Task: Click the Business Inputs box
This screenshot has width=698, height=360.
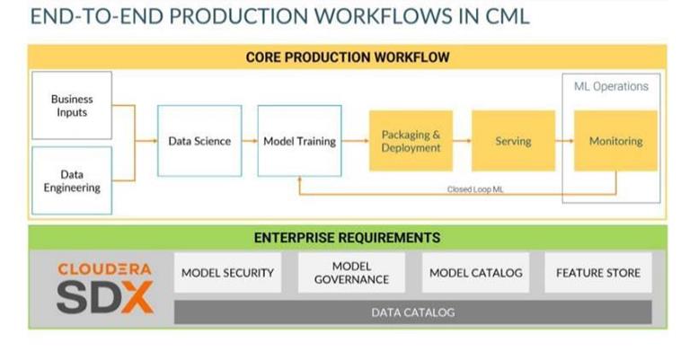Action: click(72, 105)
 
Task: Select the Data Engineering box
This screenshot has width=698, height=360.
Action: click(72, 180)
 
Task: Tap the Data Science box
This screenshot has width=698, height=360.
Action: click(199, 141)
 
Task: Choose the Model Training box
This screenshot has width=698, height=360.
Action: click(299, 141)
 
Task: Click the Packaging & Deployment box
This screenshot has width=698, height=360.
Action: click(411, 141)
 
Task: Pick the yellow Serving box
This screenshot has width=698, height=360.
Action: click(513, 141)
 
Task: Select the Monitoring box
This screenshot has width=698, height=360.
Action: click(615, 141)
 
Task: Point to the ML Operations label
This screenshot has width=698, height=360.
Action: click(611, 86)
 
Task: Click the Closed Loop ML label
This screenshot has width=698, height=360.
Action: click(475, 189)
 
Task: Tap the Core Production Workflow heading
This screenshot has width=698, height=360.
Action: click(348, 57)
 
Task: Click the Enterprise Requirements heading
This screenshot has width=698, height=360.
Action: click(347, 238)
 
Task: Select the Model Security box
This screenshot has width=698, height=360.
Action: click(227, 273)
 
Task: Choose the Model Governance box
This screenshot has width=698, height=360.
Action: click(351, 273)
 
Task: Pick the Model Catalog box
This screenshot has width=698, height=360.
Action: click(475, 273)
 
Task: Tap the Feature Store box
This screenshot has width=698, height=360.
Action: click(598, 273)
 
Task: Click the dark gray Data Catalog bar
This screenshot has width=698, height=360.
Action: click(412, 312)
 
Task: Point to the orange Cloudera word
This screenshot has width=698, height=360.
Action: click(104, 268)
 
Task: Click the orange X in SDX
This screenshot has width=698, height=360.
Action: click(137, 296)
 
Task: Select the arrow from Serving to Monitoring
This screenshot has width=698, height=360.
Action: click(564, 141)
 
